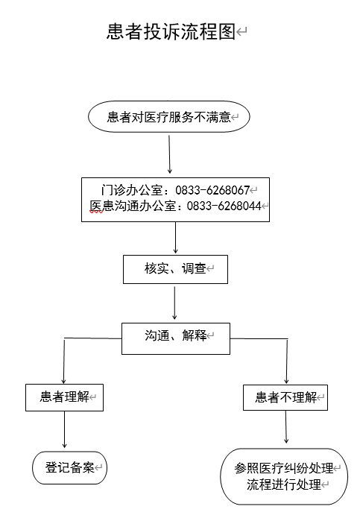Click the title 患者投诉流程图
coord(171,32)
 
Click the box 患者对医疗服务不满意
coord(168,116)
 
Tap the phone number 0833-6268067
coord(212,190)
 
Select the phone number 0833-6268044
coord(224,206)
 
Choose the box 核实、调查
coord(175,269)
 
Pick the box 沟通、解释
coord(176,338)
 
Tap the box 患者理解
coord(64,397)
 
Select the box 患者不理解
coord(285,397)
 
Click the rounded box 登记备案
coord(69,468)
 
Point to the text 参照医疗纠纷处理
coord(284,468)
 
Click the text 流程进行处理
coord(284,484)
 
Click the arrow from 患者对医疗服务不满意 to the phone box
coord(169,154)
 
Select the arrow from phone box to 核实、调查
coord(175,238)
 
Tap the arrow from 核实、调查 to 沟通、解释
coord(174,303)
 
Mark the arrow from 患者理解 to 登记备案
coord(64,429)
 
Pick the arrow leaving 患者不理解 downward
coord(286,426)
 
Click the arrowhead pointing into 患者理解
coord(64,381)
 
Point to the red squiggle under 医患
coord(96,212)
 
